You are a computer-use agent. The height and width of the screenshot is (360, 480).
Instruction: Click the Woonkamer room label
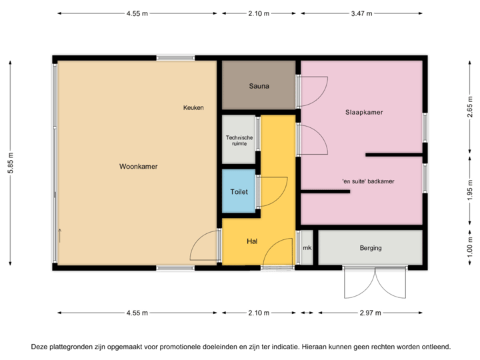[139, 167]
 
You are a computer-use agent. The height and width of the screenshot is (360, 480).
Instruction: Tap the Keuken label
[194, 107]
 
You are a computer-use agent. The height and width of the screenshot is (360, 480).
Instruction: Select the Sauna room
[259, 85]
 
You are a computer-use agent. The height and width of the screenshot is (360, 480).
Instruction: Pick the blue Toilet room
[239, 191]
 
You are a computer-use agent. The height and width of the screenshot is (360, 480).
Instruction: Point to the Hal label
[252, 241]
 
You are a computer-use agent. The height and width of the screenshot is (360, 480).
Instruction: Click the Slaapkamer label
[364, 113]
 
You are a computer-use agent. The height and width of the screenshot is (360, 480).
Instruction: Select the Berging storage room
[371, 248]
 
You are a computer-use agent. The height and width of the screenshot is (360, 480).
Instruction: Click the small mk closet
[307, 248]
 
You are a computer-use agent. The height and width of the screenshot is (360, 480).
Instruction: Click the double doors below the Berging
[375, 284]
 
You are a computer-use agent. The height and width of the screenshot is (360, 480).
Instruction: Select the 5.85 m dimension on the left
[10, 162]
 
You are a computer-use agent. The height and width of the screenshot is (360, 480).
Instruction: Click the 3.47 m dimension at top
[361, 13]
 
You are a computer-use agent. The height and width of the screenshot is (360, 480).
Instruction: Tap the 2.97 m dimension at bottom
[370, 312]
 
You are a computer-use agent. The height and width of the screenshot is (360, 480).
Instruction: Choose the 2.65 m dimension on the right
[469, 107]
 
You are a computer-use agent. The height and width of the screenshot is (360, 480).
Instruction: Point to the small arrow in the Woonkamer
[60, 235]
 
